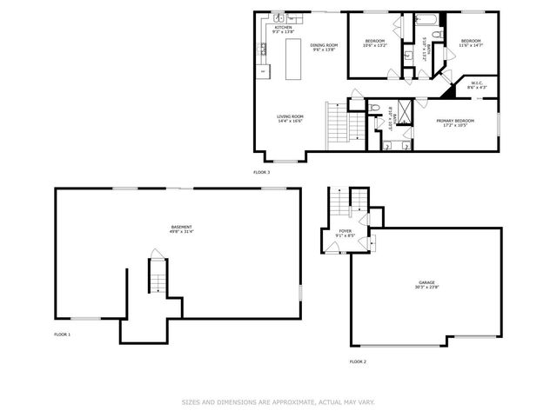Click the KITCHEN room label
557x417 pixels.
pos(284,27)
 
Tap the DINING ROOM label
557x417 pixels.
pos(324,44)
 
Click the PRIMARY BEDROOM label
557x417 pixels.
pos(455,121)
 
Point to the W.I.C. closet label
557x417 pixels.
pos(477,83)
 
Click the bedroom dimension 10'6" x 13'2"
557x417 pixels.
pos(375,46)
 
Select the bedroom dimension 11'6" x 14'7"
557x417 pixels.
pos(471,46)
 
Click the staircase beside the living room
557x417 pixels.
pos(337,125)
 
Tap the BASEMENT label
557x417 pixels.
pos(181,227)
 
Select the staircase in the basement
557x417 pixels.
pos(157,277)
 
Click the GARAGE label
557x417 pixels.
pos(426,282)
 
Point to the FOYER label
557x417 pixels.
pos(345,230)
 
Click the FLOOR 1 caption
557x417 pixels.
pos(63,334)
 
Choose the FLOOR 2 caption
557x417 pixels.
pos(358,361)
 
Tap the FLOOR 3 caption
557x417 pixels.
pos(262,172)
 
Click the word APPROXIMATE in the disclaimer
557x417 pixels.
pos(284,402)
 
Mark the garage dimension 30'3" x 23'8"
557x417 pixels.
pos(426,288)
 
